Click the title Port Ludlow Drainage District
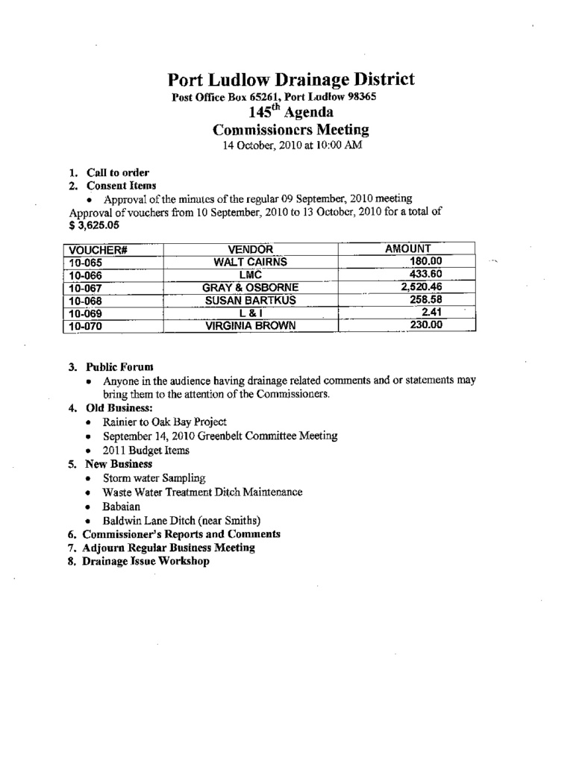coord(290,80)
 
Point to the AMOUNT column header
coord(407,248)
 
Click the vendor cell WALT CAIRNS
coord(250,262)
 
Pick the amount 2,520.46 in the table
coord(421,286)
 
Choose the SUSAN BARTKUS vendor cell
coord(250,300)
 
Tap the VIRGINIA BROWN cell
coord(250,325)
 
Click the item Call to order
coord(118,173)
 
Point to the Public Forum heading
coord(119,367)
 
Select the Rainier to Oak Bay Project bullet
coord(165,422)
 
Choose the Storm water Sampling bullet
coord(154,477)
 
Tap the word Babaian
coord(122,506)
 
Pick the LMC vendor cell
coord(250,275)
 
